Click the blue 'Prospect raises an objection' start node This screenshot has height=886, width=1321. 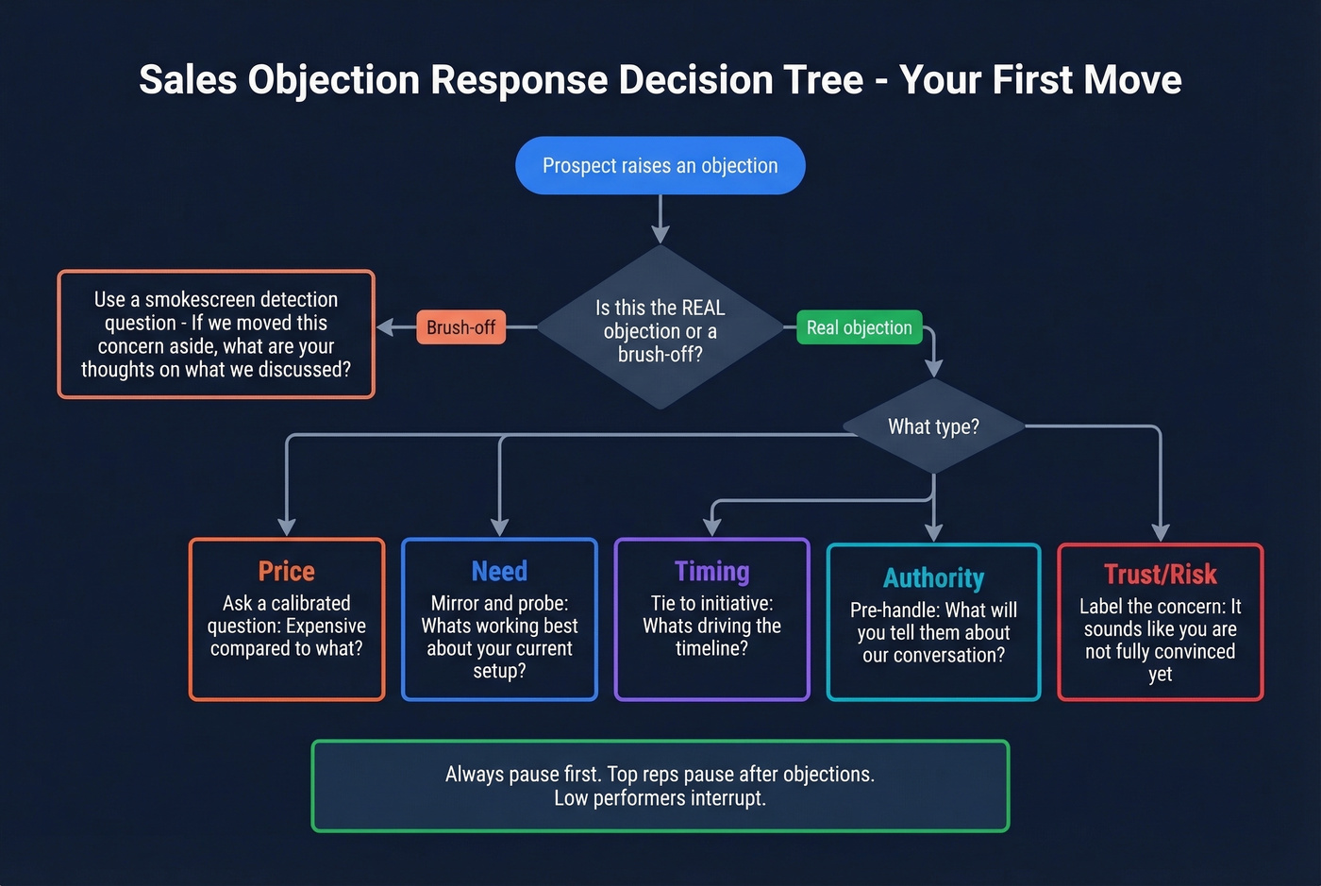click(x=660, y=166)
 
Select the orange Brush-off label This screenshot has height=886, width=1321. click(x=460, y=327)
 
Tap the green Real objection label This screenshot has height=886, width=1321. click(x=859, y=327)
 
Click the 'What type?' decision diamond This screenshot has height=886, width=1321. click(x=933, y=426)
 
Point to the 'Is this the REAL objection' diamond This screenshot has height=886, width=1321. click(x=660, y=330)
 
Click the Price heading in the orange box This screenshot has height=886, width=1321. click(x=287, y=571)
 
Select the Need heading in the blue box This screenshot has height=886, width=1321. click(x=499, y=571)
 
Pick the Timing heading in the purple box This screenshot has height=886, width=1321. click(x=711, y=571)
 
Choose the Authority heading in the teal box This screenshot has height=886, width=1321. click(x=933, y=577)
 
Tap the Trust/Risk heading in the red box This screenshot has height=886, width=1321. click(x=1160, y=574)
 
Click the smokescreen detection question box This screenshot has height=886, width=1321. click(x=216, y=334)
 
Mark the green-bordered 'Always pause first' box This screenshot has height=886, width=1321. click(x=660, y=785)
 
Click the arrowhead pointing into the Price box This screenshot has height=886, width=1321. click(x=287, y=527)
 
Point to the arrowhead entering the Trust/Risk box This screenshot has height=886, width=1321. click(x=1161, y=532)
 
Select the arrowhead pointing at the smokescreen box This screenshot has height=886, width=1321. click(x=385, y=327)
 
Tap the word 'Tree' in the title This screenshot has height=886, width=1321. click(x=826, y=80)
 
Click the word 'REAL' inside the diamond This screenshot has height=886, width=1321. click(x=703, y=308)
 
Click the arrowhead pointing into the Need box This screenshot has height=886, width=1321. click(x=500, y=527)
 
